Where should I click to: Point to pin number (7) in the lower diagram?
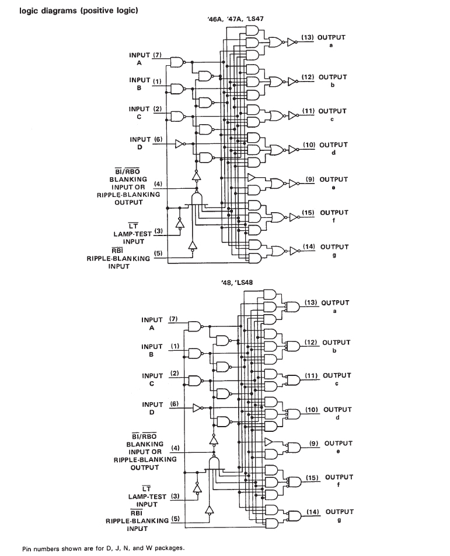coord(173,319)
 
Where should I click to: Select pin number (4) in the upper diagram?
coord(158,184)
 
